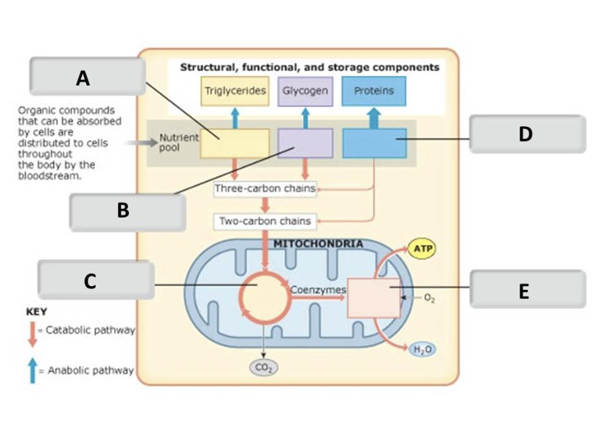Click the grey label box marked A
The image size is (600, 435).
pos(88,77)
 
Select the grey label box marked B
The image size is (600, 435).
pos(128,212)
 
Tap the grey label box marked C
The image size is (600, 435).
pos(96,279)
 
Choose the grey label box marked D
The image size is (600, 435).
pos(528,134)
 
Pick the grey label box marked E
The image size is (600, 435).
pos(528,289)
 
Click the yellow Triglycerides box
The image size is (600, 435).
pos(235,91)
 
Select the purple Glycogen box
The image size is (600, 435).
pos(305,91)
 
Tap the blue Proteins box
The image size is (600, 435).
pos(374,91)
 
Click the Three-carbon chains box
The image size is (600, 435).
pos(265,189)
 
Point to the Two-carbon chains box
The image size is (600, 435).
pos(265,221)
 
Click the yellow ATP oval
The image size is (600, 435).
pos(422,248)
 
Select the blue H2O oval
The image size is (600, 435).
pos(422,349)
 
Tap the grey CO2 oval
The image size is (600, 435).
pos(264,368)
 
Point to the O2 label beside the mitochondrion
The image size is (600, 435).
pos(429,298)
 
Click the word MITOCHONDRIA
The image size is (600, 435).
pos(318,244)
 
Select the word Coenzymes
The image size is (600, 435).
pos(318,290)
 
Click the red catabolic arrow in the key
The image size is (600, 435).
pos(32,335)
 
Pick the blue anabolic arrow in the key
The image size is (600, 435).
pos(32,370)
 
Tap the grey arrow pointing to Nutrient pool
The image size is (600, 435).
pos(142,143)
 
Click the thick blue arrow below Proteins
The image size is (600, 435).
pos(374,118)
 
